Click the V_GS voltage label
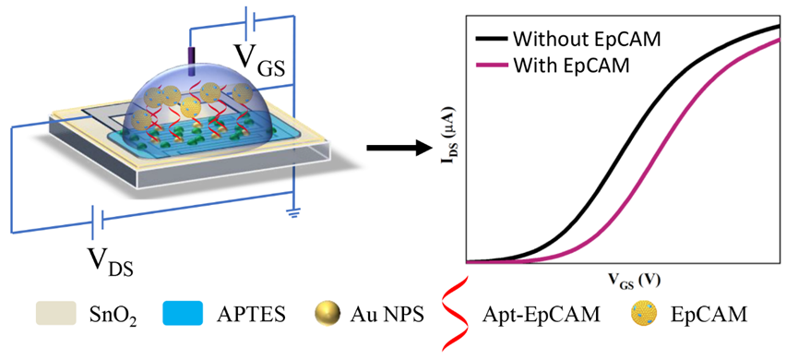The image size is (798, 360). [259, 60]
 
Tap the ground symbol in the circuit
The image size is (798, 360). [292, 214]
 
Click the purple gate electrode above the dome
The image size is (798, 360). [192, 62]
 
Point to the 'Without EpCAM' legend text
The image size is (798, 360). [587, 39]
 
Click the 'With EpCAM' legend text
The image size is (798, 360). [572, 66]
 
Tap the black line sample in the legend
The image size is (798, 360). [491, 39]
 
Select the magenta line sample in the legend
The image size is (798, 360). [491, 66]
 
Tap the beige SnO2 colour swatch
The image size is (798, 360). [56, 313]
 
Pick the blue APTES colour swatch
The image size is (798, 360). [183, 313]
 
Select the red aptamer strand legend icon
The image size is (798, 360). [452, 313]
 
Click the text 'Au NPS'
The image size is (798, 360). [387, 314]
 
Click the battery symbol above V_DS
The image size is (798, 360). [98, 222]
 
